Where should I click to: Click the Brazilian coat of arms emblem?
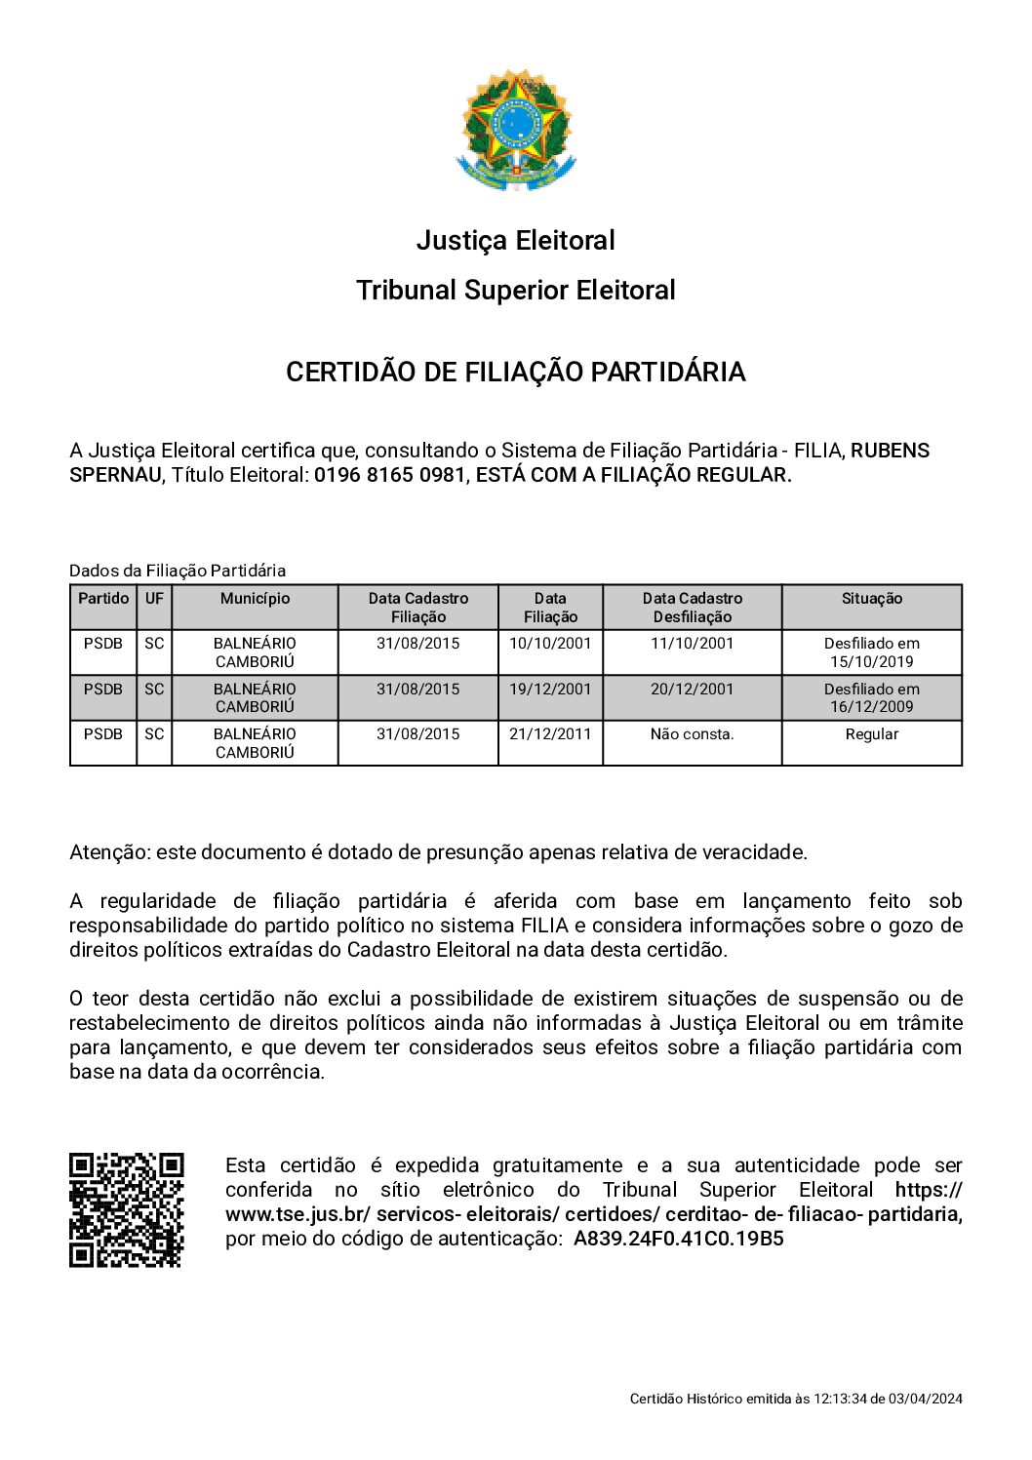(516, 129)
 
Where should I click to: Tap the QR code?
(126, 1209)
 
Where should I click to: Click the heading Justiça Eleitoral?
(515, 240)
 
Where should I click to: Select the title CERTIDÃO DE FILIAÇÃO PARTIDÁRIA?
(515, 372)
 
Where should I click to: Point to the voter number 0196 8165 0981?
(389, 475)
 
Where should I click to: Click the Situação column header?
(871, 599)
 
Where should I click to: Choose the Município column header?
(255, 599)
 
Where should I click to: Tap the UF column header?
(154, 599)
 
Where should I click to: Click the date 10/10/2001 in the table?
(550, 644)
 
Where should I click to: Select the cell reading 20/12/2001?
(692, 689)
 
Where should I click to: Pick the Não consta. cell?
(692, 734)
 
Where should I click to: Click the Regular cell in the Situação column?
(871, 734)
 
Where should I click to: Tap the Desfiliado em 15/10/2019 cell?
(871, 652)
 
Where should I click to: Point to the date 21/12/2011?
(550, 734)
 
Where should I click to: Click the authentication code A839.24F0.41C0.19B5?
(678, 1239)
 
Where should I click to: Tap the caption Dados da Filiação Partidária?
(178, 571)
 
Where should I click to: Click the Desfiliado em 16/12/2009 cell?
(871, 697)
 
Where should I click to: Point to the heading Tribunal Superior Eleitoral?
(515, 290)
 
